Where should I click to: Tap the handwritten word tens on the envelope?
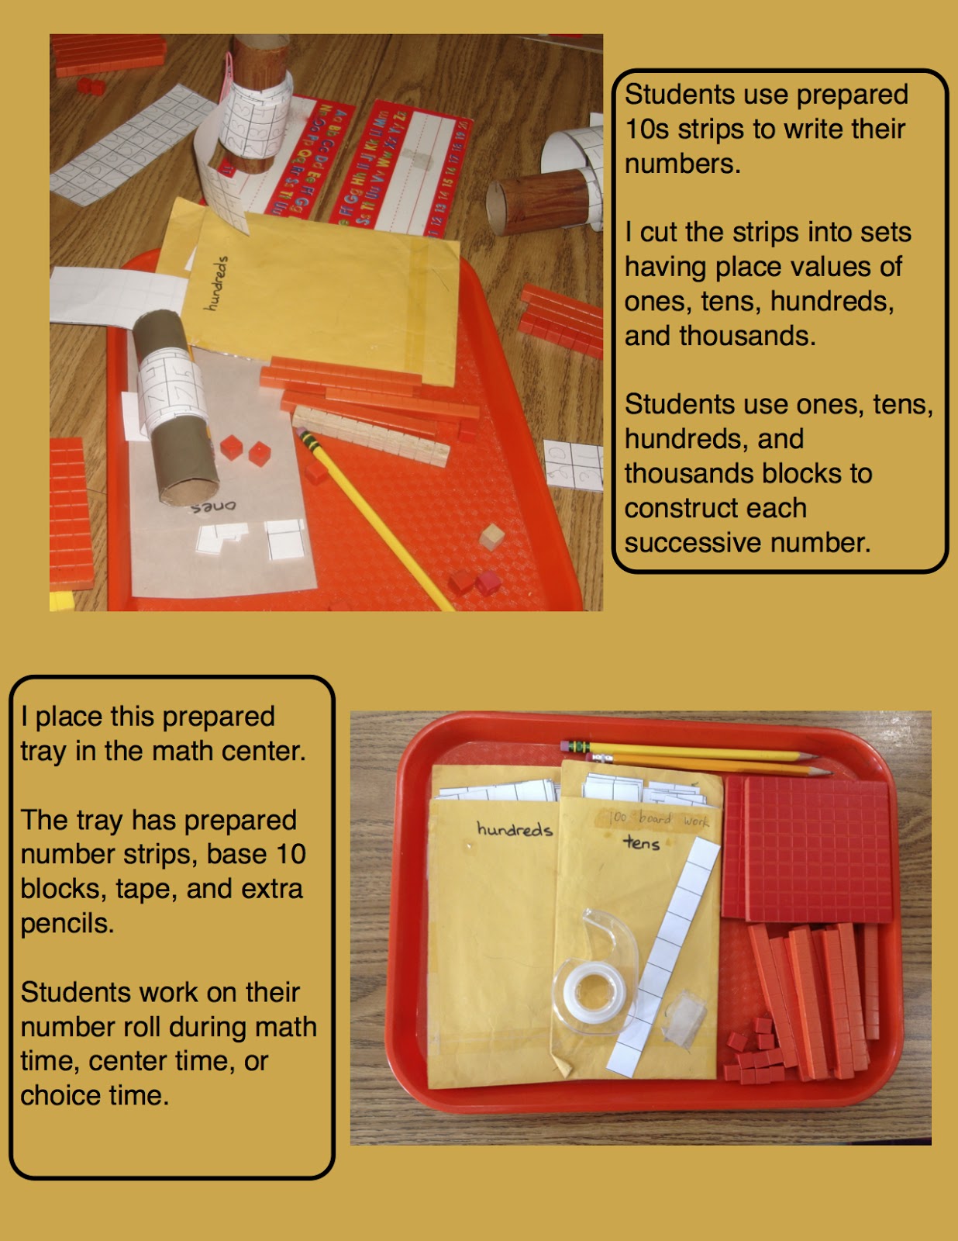pos(642,842)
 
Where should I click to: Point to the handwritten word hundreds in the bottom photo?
pos(514,829)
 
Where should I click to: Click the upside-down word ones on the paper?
pos(213,506)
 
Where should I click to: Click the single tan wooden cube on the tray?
pos(491,537)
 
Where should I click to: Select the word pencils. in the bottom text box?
pos(67,924)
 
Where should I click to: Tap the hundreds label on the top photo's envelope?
pos(216,283)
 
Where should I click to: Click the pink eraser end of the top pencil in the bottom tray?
pos(565,745)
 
